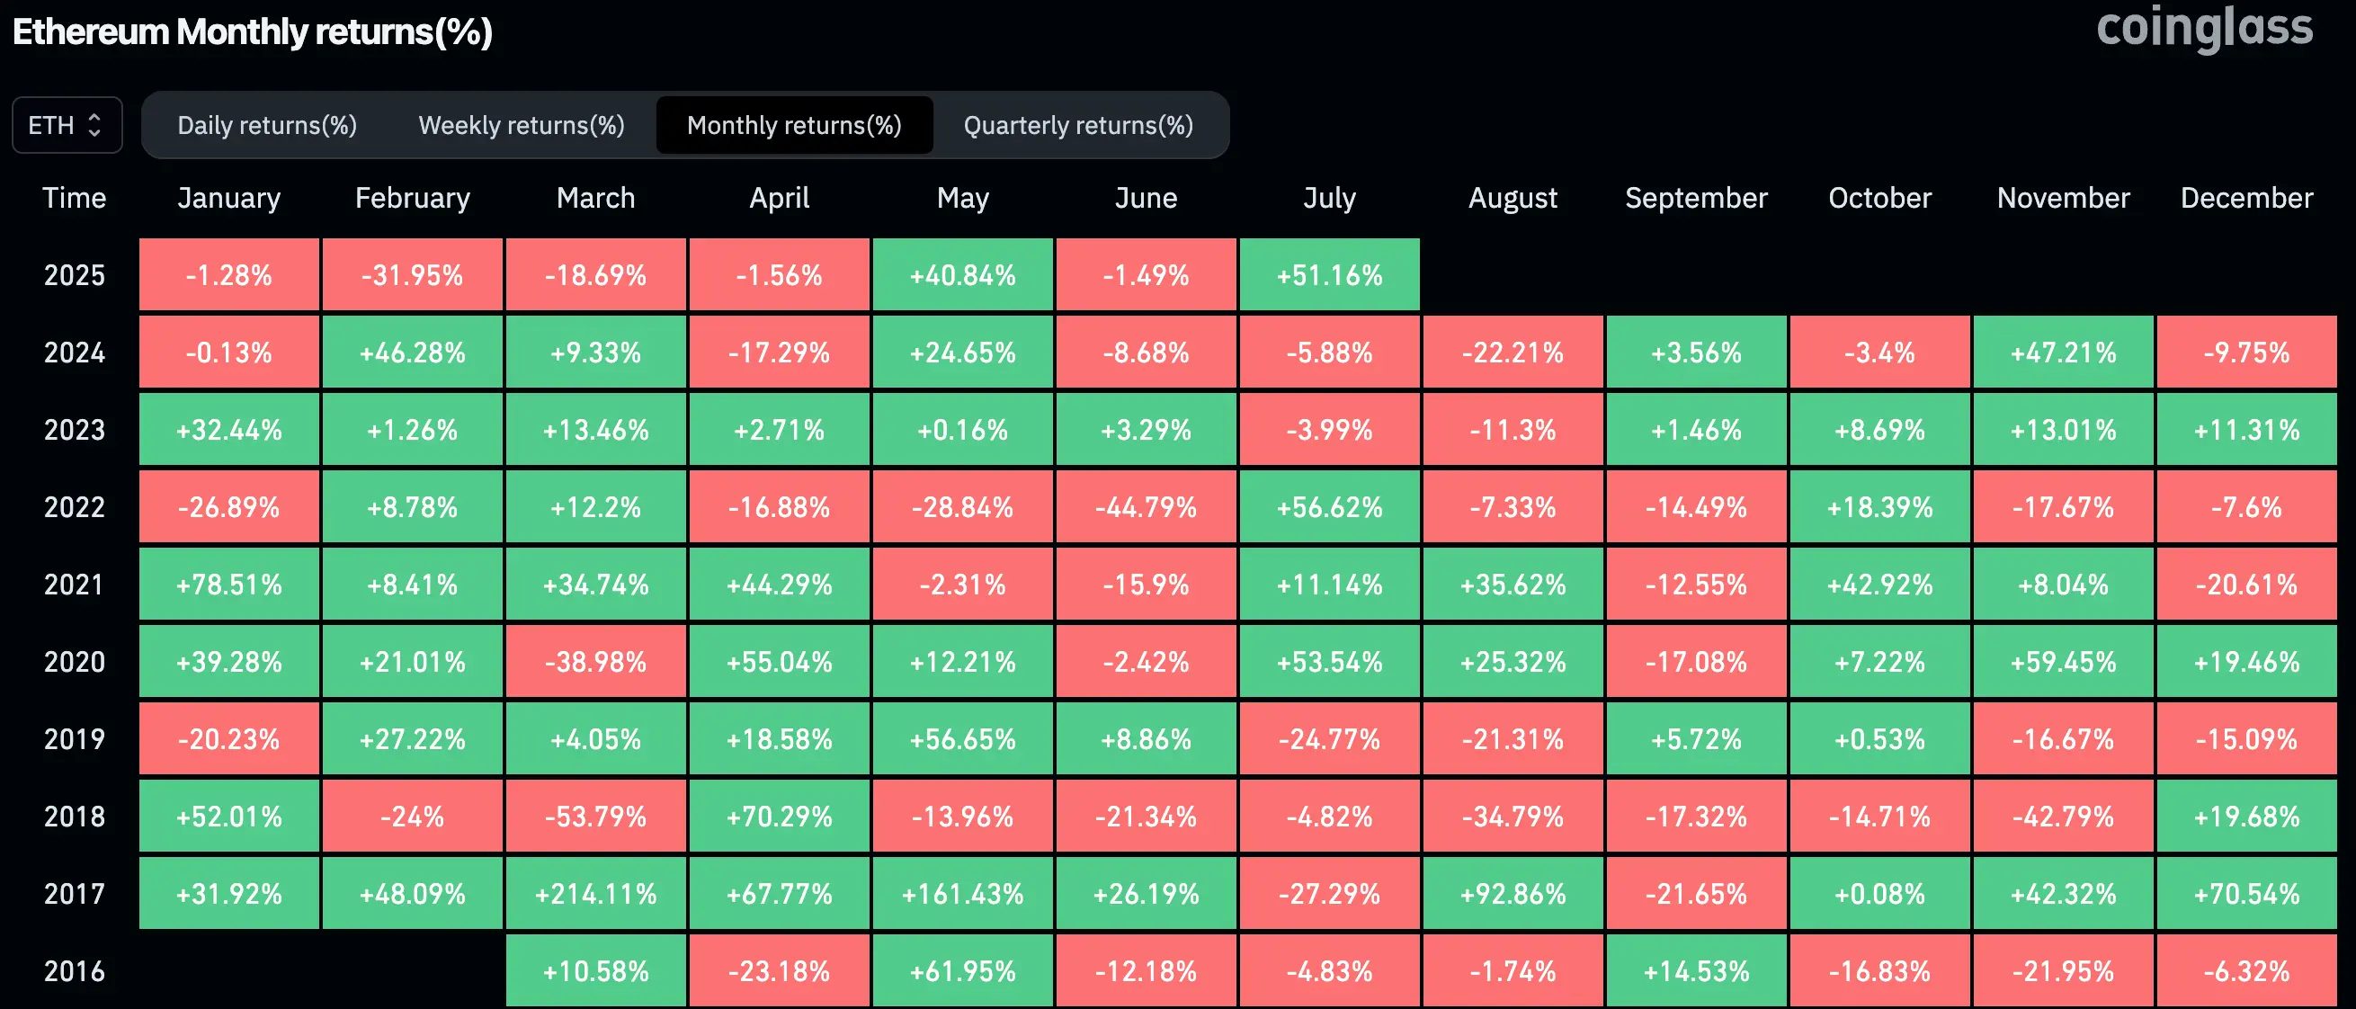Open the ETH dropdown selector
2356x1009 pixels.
tap(67, 125)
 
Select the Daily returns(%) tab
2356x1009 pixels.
tap(267, 125)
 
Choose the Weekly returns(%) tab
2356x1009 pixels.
tap(522, 125)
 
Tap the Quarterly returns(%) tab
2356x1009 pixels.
tap(1078, 125)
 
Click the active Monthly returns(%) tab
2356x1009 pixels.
tap(794, 125)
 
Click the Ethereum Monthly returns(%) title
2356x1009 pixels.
tap(253, 32)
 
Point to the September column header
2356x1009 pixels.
tap(1696, 198)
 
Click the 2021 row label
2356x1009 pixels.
tap(74, 585)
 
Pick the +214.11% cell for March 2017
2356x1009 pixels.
tap(595, 894)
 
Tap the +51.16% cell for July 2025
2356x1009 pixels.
tap(1329, 275)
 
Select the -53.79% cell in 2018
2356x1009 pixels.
tap(595, 816)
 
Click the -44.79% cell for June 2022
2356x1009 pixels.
tap(1146, 507)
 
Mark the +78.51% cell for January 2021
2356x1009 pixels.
tap(228, 585)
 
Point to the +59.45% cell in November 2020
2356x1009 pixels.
tap(2064, 661)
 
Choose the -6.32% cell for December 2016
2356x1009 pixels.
tap(2246, 970)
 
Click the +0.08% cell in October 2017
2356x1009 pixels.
tap(1879, 894)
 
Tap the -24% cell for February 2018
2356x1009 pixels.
tap(413, 816)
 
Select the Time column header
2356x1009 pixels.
tap(74, 198)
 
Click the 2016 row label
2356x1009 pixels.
tap(74, 970)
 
